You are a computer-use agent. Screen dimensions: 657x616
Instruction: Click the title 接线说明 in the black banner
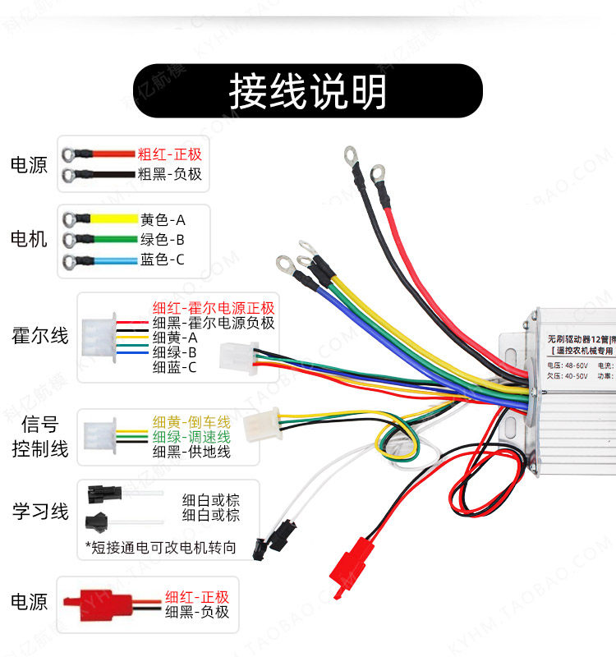(x=307, y=92)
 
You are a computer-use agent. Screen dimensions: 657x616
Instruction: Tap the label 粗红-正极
(x=169, y=154)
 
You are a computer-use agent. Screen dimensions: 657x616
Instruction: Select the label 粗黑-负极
(x=169, y=174)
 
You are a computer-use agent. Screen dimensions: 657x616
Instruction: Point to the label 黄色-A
(x=163, y=220)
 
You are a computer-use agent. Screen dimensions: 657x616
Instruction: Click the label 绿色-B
(x=163, y=240)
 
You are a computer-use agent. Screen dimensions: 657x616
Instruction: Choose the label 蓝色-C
(x=163, y=260)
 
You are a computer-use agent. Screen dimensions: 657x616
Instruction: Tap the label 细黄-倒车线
(x=191, y=422)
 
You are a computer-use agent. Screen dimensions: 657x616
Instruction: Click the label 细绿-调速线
(x=191, y=437)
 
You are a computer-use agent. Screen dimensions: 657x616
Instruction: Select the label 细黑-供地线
(x=191, y=452)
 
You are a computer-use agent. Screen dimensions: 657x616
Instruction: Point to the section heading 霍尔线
(x=39, y=336)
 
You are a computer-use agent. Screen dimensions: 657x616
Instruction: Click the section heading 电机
(x=29, y=240)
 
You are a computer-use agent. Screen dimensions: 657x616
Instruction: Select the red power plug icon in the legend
(x=102, y=604)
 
